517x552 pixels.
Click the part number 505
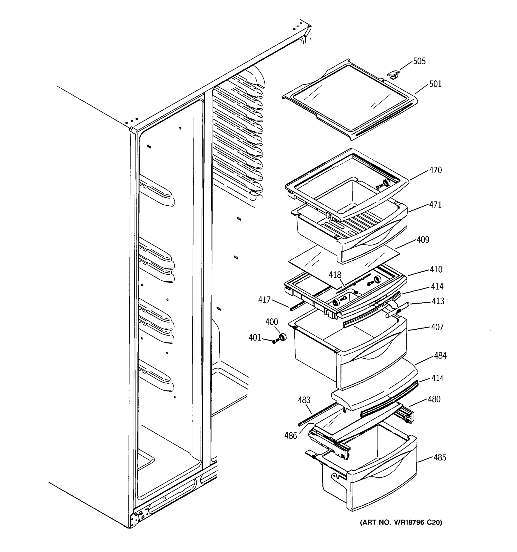click(419, 61)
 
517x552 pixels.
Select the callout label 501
click(435, 84)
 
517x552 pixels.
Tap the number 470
click(435, 170)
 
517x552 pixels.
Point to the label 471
click(435, 205)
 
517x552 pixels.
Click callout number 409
click(423, 240)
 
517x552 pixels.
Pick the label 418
click(335, 275)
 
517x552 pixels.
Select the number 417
click(264, 300)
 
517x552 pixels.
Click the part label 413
click(438, 301)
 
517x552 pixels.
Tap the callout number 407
click(437, 327)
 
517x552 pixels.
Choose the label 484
click(440, 356)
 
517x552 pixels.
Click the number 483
click(304, 400)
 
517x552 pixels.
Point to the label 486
click(290, 436)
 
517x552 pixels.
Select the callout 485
click(440, 457)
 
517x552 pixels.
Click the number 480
click(434, 399)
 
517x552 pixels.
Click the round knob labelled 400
click(282, 337)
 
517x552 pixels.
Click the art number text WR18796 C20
click(401, 523)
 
